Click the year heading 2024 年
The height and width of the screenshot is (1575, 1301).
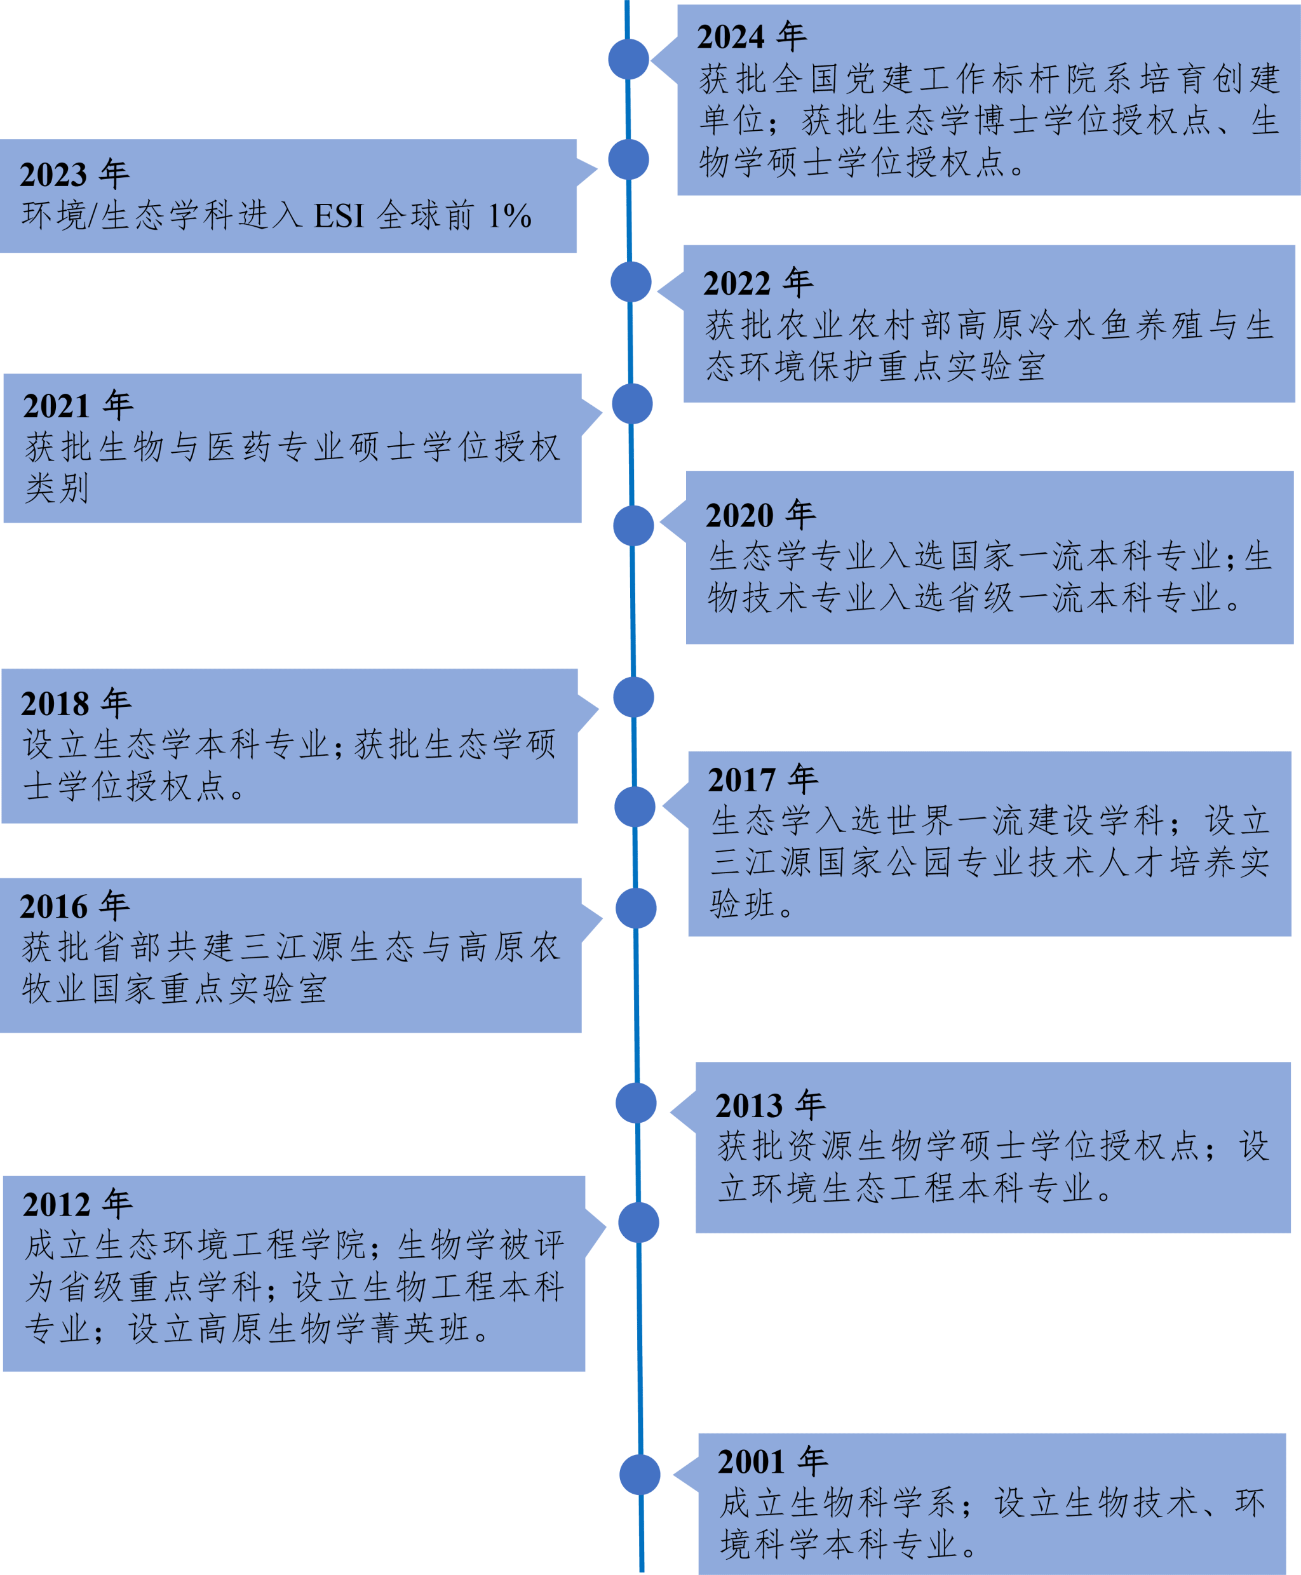tap(751, 37)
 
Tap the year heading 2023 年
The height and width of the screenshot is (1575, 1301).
tap(74, 175)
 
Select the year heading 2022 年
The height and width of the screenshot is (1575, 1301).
tap(758, 283)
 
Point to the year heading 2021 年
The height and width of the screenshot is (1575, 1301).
tap(78, 406)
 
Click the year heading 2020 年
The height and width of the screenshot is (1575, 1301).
tap(760, 516)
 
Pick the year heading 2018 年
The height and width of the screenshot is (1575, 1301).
tap(76, 704)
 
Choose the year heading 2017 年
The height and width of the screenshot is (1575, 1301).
tap(762, 780)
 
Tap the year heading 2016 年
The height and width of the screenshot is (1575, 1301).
tap(74, 907)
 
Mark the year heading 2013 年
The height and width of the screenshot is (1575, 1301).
tap(770, 1105)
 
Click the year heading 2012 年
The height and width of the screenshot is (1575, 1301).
tap(78, 1204)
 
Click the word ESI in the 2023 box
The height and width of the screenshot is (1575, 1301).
tap(339, 217)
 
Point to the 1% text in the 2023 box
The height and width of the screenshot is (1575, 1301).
tap(509, 217)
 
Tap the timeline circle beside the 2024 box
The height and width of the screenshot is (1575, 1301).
tap(628, 59)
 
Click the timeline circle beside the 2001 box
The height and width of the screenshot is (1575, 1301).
tap(639, 1474)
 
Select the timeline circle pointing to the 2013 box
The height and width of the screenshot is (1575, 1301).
tap(635, 1103)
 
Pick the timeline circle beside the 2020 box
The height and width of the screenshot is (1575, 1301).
tap(633, 525)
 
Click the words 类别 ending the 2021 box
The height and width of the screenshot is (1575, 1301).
tap(57, 488)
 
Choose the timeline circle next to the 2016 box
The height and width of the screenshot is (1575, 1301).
tap(635, 908)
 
